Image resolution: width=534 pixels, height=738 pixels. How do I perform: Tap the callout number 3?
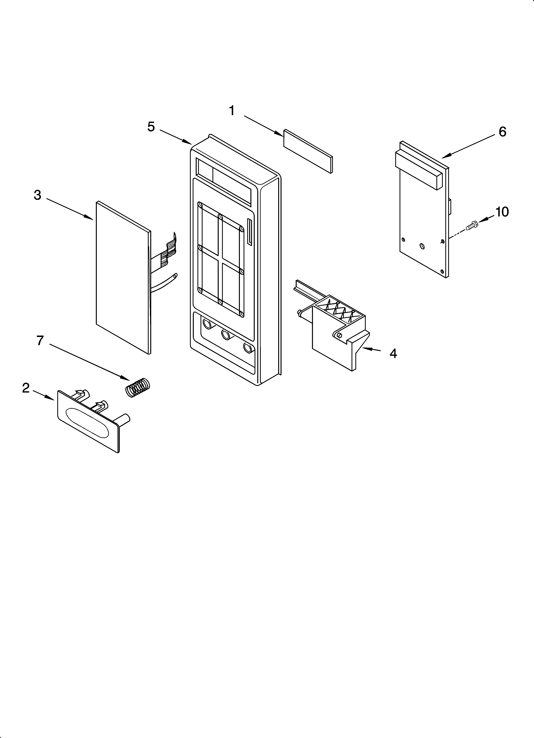pos(38,195)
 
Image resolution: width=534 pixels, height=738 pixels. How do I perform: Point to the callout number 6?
pos(502,132)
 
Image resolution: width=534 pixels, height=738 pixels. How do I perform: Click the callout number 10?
pos(502,212)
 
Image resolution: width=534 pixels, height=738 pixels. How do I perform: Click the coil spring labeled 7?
pos(137,387)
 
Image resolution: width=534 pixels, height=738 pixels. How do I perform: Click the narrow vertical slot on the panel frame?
pos(249,232)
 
